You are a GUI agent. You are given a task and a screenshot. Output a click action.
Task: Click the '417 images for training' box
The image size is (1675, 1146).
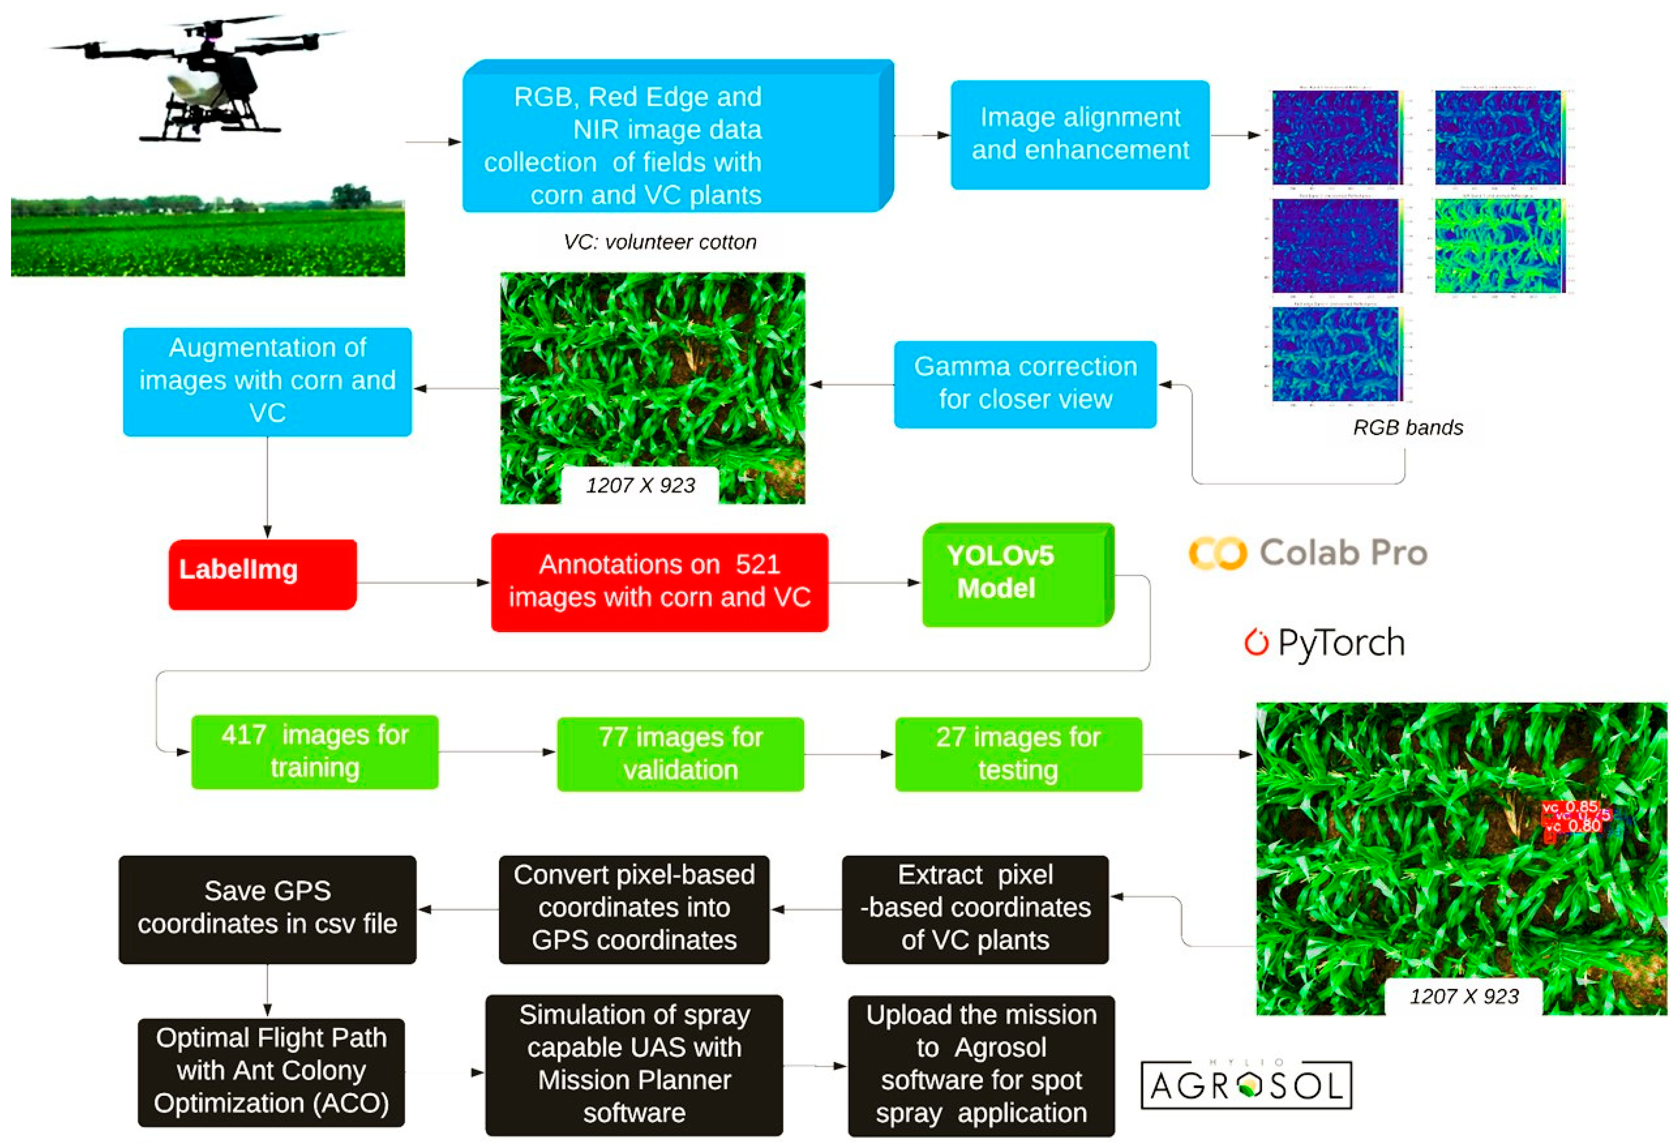point(314,751)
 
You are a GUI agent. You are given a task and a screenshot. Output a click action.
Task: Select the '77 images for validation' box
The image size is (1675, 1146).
point(680,754)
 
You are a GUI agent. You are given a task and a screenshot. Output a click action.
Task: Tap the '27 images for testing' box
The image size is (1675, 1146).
point(1018,754)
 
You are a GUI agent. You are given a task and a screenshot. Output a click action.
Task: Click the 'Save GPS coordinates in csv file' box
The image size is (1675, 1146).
point(267,909)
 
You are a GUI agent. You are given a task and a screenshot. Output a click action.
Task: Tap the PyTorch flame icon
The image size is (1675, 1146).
point(1255,642)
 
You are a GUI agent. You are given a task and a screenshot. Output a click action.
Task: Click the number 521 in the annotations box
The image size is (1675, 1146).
point(757,564)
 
